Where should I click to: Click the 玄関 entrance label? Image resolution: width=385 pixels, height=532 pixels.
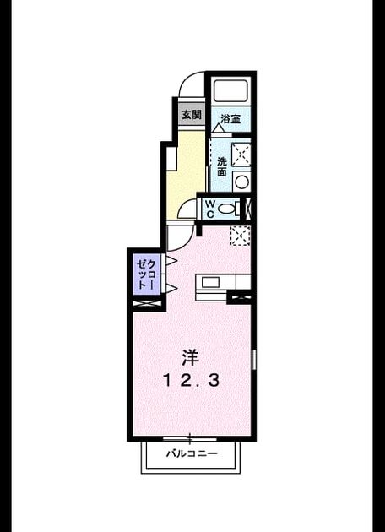[192, 115]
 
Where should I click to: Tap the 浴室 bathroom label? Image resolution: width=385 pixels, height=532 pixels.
[230, 119]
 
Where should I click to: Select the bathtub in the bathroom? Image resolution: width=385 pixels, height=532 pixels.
[231, 91]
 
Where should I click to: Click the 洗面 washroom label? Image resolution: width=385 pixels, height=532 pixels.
[222, 166]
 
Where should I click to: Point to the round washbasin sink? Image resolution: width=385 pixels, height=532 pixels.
[241, 182]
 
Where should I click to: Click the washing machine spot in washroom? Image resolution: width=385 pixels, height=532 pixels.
[241, 155]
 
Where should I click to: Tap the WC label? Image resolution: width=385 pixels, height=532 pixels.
[210, 209]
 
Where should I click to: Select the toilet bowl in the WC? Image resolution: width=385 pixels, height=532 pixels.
[226, 209]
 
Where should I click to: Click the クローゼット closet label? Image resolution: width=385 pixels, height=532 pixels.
[147, 274]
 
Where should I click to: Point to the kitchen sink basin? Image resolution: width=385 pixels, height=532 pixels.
[210, 282]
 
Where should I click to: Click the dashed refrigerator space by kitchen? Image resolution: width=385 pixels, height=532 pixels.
[240, 236]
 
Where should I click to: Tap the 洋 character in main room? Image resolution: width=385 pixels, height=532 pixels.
[190, 357]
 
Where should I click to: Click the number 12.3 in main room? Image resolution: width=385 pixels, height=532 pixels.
[192, 380]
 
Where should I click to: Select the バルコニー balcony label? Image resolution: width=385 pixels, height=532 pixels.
[192, 454]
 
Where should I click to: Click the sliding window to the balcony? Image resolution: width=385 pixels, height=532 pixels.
[190, 438]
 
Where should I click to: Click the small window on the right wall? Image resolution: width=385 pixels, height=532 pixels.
[254, 359]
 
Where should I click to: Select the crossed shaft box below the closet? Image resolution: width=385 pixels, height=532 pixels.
[147, 304]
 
